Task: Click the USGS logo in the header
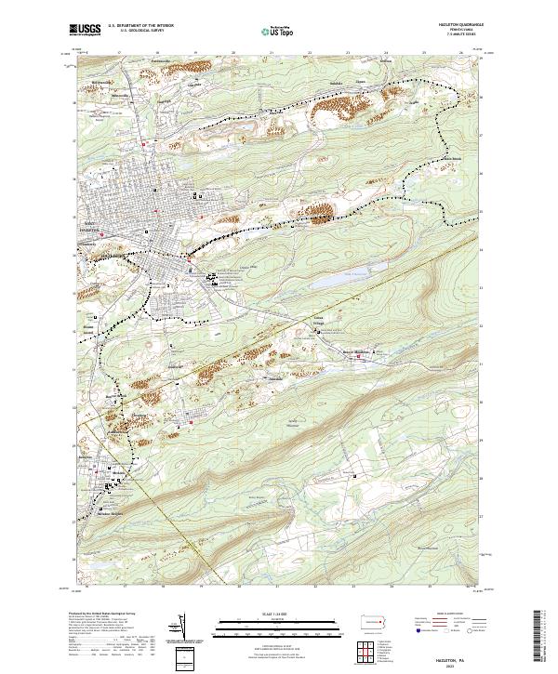86,30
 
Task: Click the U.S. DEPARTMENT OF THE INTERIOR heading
140,26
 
